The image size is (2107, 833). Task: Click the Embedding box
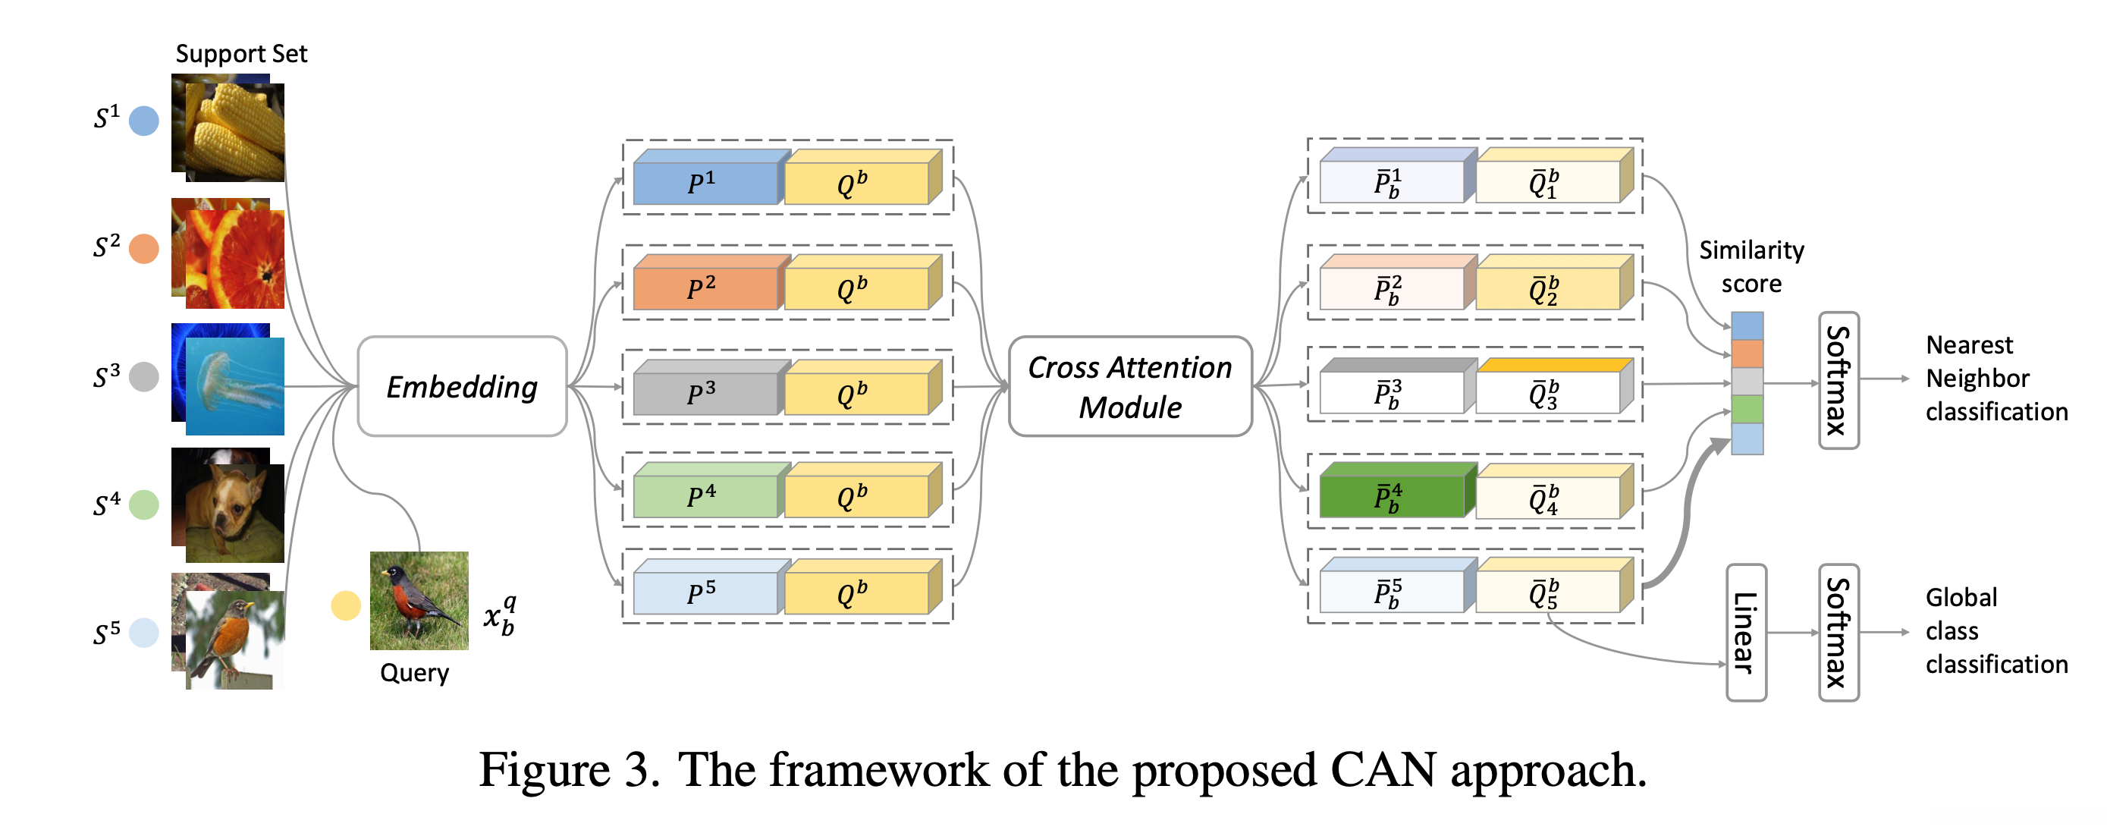[x=462, y=386]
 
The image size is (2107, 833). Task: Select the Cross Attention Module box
[x=1129, y=386]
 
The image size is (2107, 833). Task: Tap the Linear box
[x=1745, y=632]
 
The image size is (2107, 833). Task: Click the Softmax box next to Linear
[x=1838, y=632]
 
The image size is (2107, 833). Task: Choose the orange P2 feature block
[x=705, y=288]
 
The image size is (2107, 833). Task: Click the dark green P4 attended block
[x=1390, y=496]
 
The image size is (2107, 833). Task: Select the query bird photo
[x=419, y=601]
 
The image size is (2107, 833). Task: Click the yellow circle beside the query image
[x=345, y=605]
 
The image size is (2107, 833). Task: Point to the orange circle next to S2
[x=144, y=248]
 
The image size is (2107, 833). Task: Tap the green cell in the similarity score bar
[x=1747, y=408]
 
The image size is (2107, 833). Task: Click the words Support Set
[x=241, y=54]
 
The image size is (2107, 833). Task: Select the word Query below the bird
[x=415, y=673]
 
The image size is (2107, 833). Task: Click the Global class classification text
[x=1996, y=631]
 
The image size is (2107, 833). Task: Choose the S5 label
[x=106, y=633]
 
